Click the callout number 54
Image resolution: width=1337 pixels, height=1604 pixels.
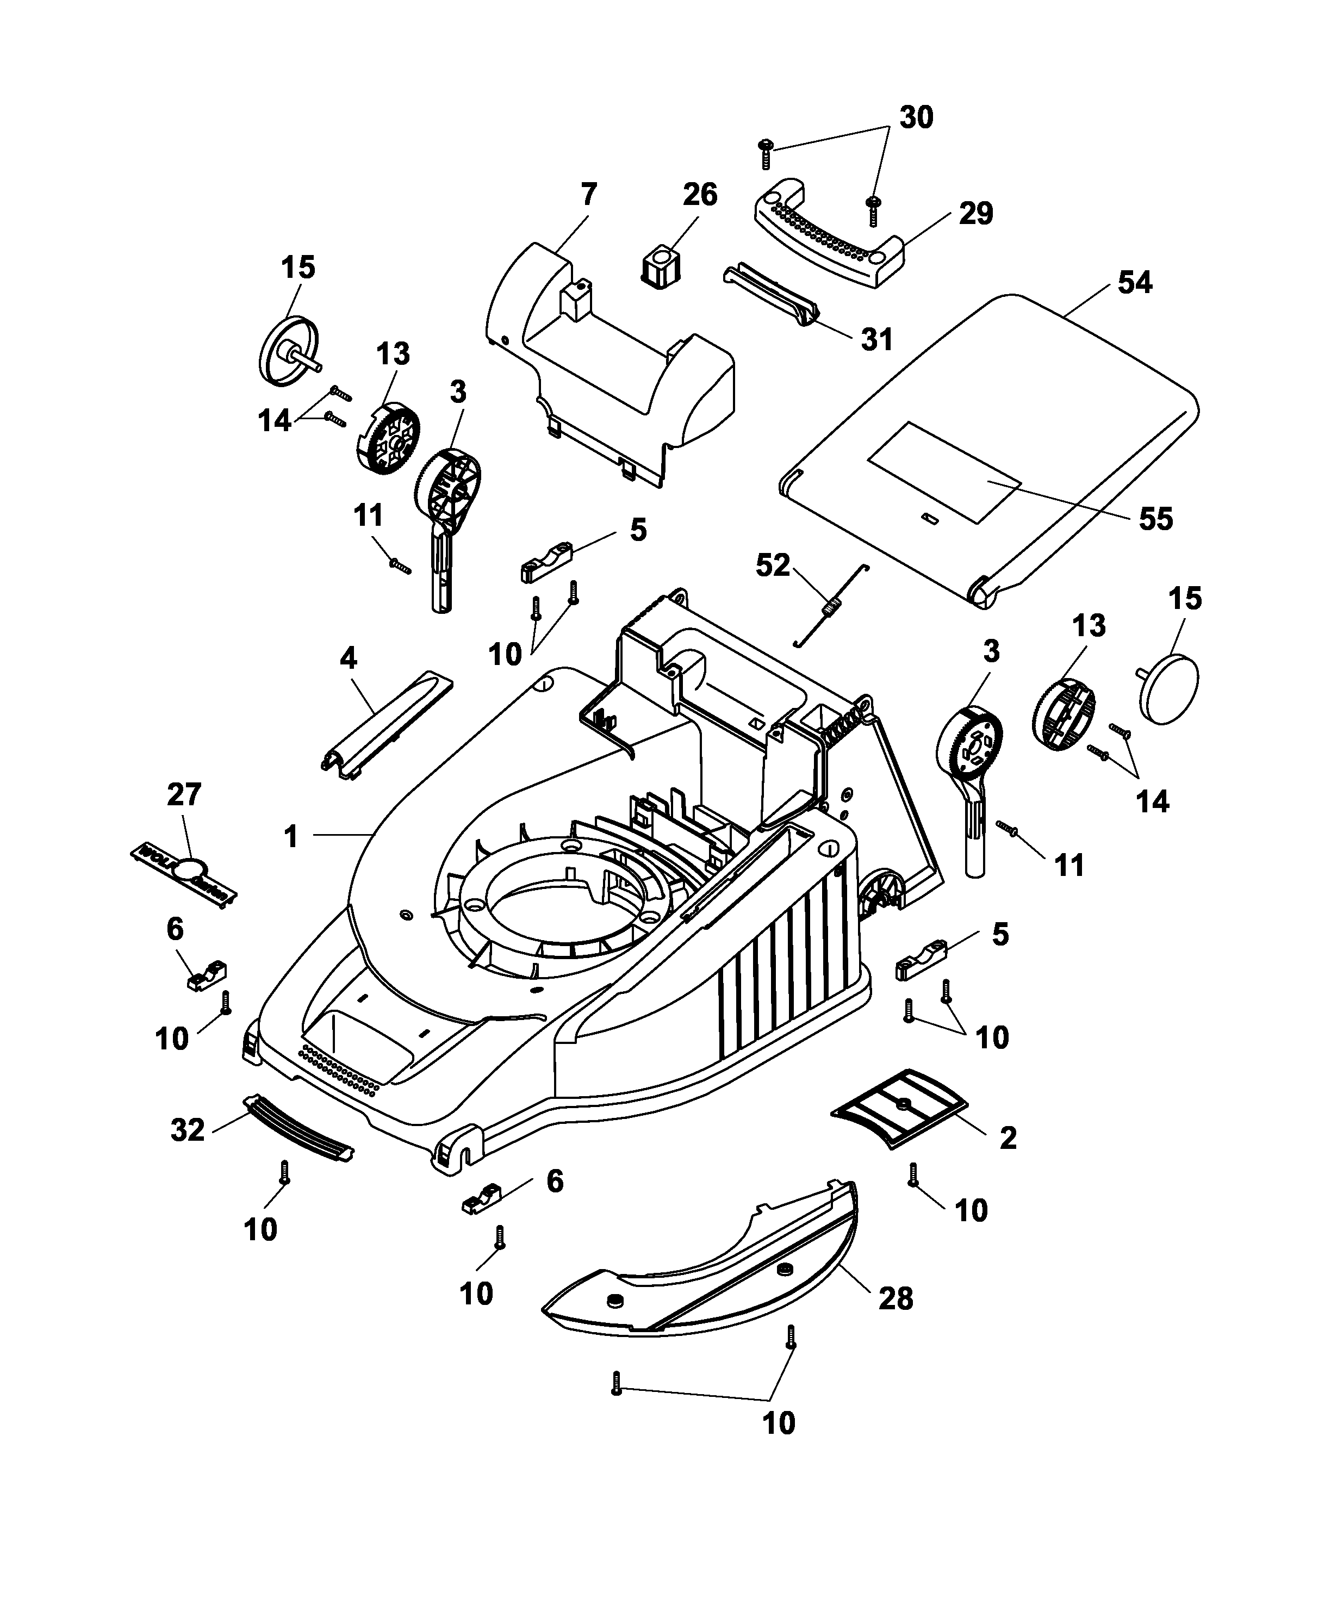[1135, 283]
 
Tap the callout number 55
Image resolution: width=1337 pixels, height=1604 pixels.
[1155, 519]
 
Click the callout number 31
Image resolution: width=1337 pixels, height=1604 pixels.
[876, 339]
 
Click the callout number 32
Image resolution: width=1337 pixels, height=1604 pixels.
[188, 1130]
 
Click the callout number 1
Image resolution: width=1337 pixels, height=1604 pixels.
[290, 836]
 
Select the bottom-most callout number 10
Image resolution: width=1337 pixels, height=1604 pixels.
[779, 1423]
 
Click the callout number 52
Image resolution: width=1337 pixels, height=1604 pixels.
[773, 565]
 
